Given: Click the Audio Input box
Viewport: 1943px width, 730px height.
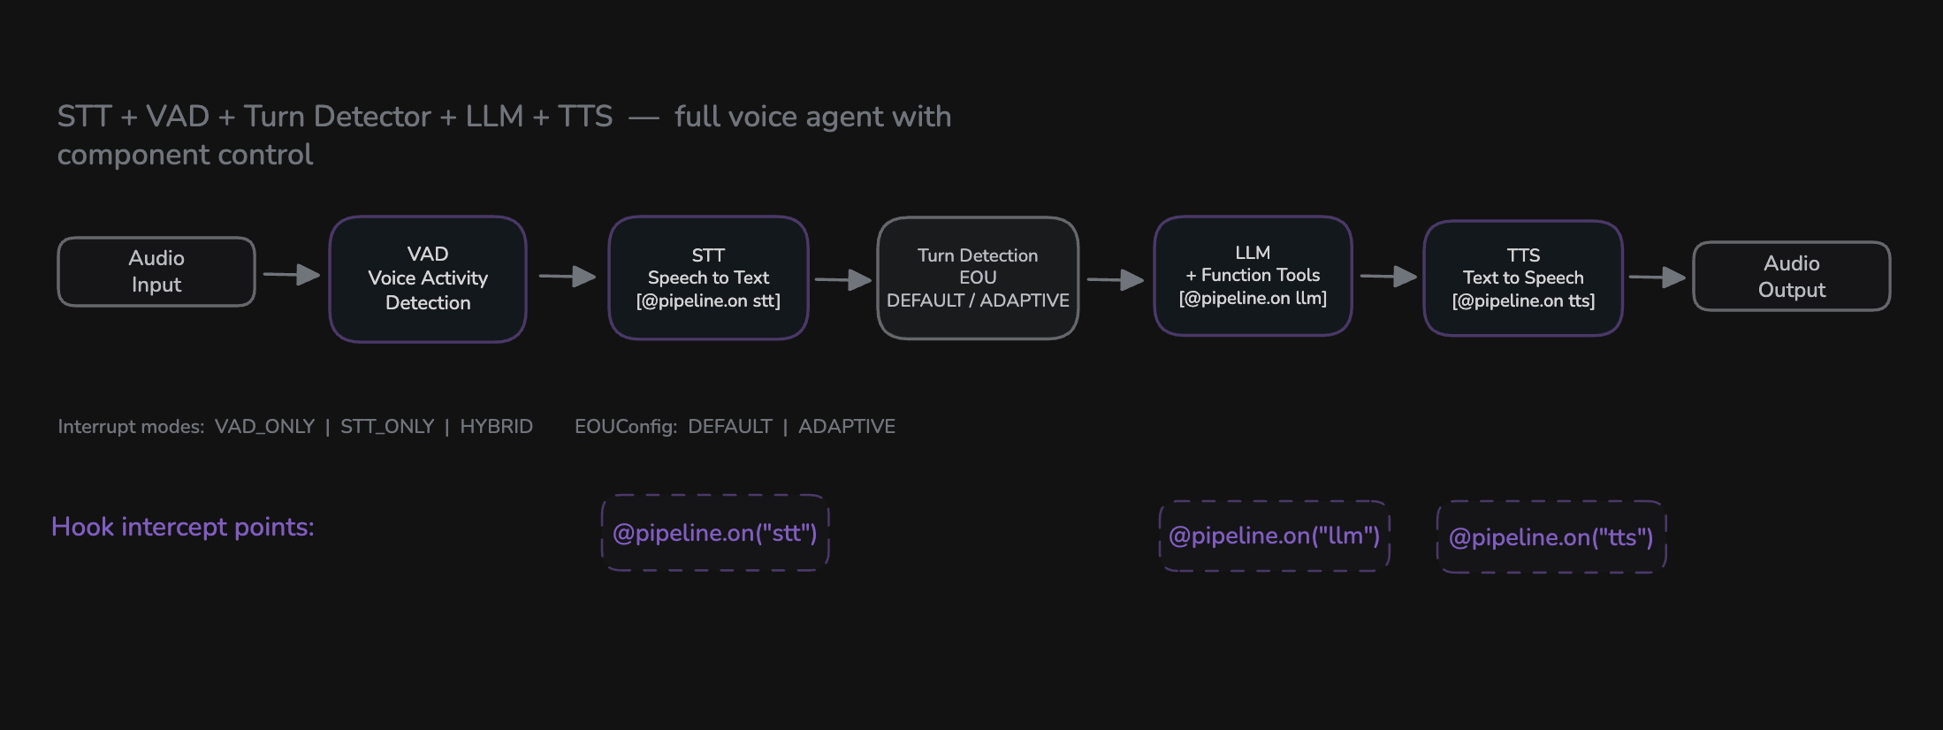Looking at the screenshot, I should (156, 271).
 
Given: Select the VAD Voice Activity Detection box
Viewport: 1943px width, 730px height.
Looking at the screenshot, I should (428, 278).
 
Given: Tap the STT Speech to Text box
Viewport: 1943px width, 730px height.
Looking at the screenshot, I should (708, 278).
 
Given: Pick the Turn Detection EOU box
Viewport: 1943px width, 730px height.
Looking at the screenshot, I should (978, 278).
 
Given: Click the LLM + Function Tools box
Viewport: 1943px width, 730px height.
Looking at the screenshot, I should (1253, 276).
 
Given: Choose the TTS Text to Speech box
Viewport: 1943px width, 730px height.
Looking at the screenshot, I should (1523, 278).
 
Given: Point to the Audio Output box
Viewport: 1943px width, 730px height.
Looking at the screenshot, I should (1791, 276).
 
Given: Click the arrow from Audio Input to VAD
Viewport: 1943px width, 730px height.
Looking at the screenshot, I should (292, 275).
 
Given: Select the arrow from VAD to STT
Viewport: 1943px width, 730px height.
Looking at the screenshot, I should (568, 277).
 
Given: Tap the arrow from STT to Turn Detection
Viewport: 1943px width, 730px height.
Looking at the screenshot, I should (843, 280).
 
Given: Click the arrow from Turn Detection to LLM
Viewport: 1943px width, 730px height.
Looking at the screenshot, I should (1116, 280).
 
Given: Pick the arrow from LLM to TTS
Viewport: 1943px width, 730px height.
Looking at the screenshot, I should (1389, 277).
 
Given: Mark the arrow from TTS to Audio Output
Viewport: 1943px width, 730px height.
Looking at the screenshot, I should (1657, 278).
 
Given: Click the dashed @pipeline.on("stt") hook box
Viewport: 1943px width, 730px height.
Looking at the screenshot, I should (715, 533).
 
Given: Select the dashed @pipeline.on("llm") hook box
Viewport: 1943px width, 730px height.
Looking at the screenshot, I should (1274, 536).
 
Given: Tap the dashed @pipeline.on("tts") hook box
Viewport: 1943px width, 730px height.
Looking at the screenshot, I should (1551, 537).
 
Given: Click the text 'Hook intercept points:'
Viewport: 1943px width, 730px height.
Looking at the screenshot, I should (183, 527).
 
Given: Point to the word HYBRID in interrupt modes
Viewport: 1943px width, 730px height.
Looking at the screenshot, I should (496, 427).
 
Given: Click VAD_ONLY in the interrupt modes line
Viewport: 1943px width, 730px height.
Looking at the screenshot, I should (264, 427).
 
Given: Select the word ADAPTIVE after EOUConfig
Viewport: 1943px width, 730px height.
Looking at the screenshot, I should (847, 427).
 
